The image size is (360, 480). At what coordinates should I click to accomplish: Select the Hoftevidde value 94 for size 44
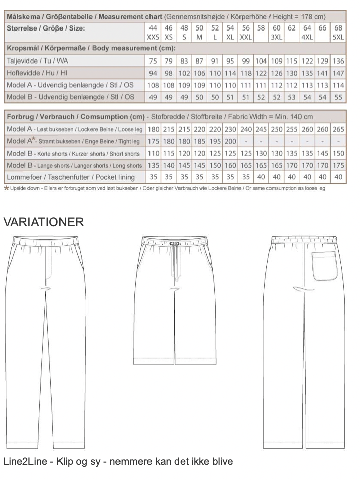click(153, 73)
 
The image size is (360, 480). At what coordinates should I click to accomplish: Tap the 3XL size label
click(277, 38)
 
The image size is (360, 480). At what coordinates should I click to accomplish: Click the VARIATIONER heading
click(43, 222)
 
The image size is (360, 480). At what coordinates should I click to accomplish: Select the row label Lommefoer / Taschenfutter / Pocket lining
click(70, 177)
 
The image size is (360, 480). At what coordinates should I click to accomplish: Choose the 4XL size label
click(307, 38)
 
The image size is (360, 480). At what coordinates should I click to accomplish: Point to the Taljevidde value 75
click(153, 61)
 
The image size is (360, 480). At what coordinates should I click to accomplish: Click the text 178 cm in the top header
click(312, 17)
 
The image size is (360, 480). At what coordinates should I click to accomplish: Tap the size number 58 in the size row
click(261, 28)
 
